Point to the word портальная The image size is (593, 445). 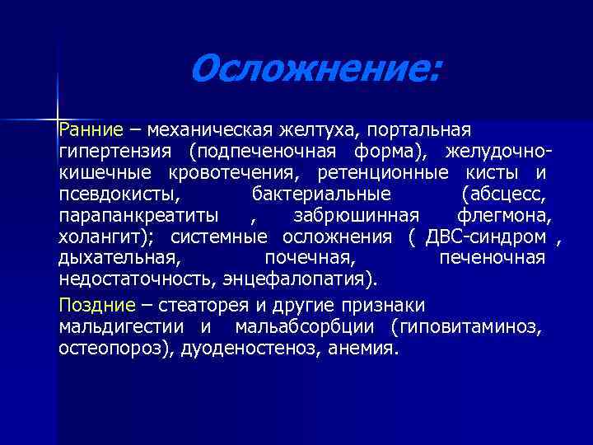click(419, 130)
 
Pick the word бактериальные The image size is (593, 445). click(320, 194)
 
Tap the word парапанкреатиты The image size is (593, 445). click(138, 216)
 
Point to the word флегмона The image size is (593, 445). click(504, 216)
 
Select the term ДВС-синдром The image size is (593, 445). click(486, 237)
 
